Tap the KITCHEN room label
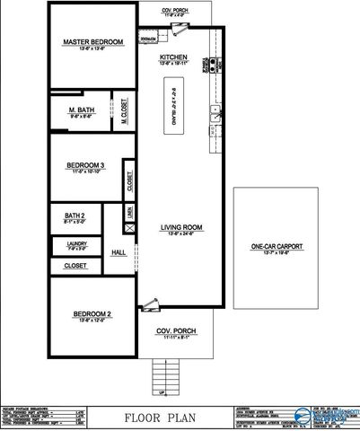173,56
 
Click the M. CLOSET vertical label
125,114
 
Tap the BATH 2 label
75,216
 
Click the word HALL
119,253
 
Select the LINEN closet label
131,212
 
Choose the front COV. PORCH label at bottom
175,330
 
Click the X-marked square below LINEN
130,229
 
